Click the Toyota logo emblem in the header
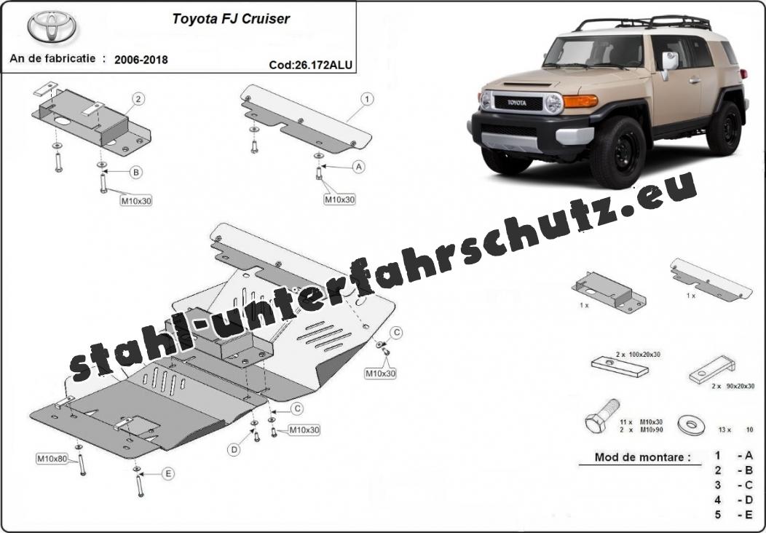pyautogui.click(x=52, y=26)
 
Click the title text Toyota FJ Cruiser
pyautogui.click(x=231, y=18)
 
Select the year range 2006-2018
pyautogui.click(x=141, y=60)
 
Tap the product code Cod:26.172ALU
pyautogui.click(x=310, y=65)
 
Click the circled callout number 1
pyautogui.click(x=367, y=99)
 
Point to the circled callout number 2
pyautogui.click(x=138, y=99)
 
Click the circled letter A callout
pyautogui.click(x=359, y=167)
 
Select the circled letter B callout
pyautogui.click(x=136, y=172)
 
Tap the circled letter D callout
pyautogui.click(x=234, y=450)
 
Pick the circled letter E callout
pyautogui.click(x=168, y=473)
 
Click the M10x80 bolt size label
pyautogui.click(x=52, y=459)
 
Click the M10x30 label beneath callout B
pyautogui.click(x=136, y=200)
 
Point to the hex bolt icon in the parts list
pyautogui.click(x=602, y=416)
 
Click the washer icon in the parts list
pyautogui.click(x=691, y=425)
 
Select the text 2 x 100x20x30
pyautogui.click(x=638, y=354)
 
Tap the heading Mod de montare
pyautogui.click(x=643, y=457)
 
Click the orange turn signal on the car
pyautogui.click(x=580, y=100)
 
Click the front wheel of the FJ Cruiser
pyautogui.click(x=618, y=152)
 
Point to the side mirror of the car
pyautogui.click(x=669, y=63)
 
